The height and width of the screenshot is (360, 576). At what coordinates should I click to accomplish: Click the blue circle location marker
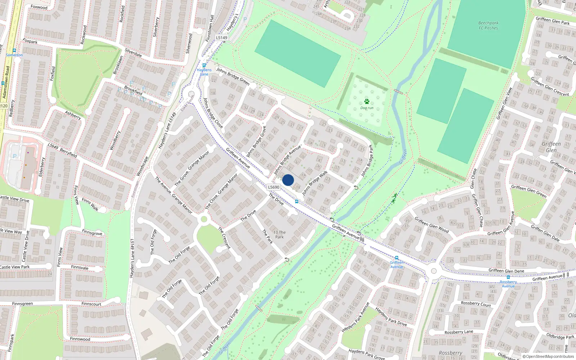(x=288, y=180)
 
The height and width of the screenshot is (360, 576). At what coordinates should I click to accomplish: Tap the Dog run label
(x=367, y=108)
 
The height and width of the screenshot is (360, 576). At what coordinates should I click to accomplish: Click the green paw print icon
(x=367, y=102)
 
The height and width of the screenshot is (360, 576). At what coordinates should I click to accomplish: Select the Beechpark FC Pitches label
(x=488, y=25)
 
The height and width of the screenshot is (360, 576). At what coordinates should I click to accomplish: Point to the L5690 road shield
(x=274, y=187)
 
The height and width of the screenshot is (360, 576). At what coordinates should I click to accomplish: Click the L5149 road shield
(x=222, y=37)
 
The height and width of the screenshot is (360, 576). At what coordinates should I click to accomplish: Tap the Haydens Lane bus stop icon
(x=204, y=65)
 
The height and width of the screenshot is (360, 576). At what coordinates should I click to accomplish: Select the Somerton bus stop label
(x=14, y=55)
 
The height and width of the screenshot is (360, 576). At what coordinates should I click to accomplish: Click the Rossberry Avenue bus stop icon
(x=508, y=277)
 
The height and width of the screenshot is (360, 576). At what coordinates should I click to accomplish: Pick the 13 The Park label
(x=279, y=235)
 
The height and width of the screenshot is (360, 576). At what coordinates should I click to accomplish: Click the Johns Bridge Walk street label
(x=315, y=183)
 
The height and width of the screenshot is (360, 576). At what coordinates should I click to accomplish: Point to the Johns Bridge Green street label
(x=233, y=76)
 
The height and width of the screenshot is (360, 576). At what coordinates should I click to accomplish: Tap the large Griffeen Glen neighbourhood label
(x=551, y=147)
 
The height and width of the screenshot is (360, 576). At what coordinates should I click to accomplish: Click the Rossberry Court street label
(x=476, y=304)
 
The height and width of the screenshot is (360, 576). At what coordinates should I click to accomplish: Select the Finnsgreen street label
(x=22, y=304)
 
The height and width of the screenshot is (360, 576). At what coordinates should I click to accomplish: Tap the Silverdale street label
(x=133, y=53)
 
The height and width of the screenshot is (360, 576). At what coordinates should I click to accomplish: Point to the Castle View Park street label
(x=15, y=267)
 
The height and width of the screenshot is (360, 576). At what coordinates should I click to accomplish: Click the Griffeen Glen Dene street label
(x=506, y=271)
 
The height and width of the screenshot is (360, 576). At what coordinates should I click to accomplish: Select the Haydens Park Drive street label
(x=391, y=316)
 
